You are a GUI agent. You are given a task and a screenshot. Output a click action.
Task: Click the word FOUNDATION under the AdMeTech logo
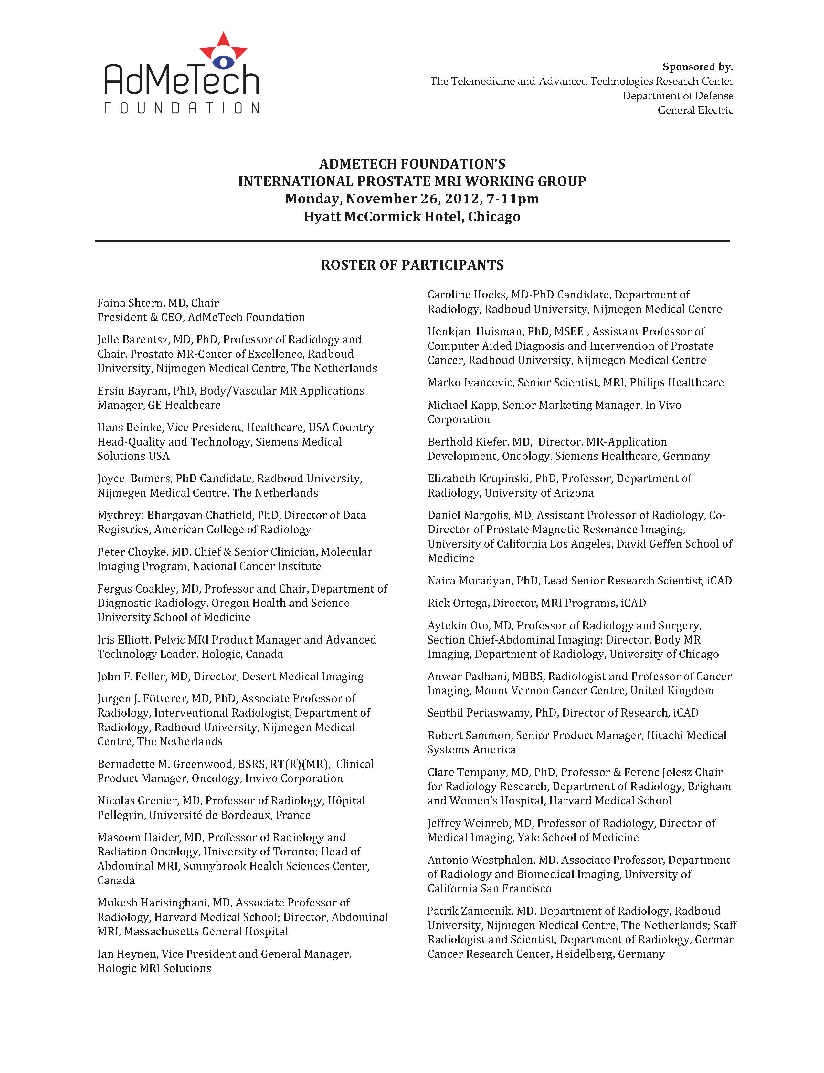click(182, 108)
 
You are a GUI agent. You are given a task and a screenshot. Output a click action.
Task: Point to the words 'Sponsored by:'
click(697, 67)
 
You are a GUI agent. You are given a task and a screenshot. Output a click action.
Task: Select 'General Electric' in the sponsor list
click(695, 110)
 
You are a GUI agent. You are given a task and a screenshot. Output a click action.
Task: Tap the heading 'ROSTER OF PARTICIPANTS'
click(412, 265)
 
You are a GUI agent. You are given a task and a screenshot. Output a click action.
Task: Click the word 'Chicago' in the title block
click(494, 217)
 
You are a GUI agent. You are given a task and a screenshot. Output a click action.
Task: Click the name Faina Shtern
click(130, 303)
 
